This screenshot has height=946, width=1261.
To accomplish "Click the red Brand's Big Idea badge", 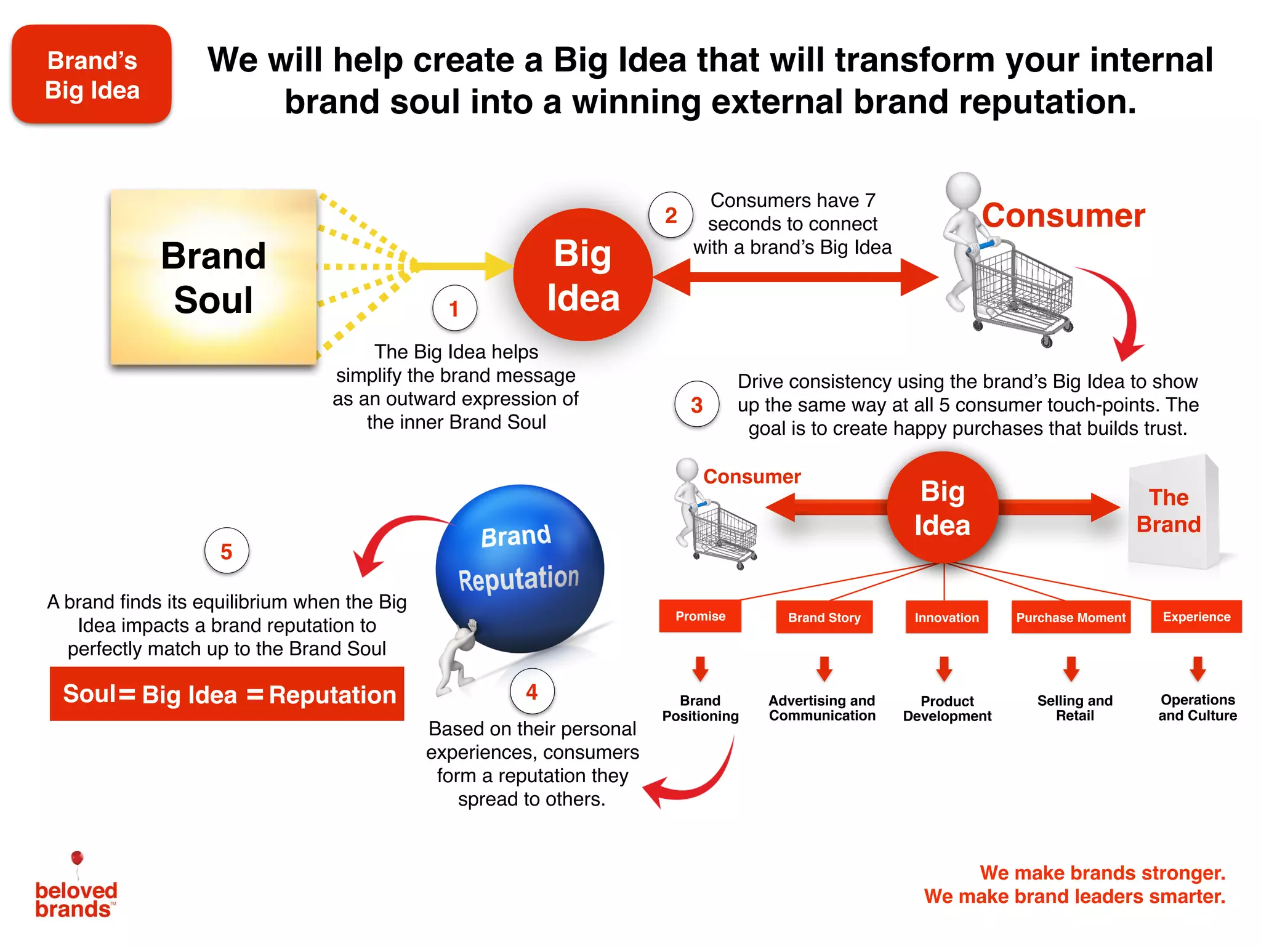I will pos(92,75).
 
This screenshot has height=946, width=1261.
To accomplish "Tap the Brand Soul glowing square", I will pos(214,277).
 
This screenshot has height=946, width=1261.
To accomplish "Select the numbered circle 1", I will pos(454,308).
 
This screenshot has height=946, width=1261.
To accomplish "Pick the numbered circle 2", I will pos(671,215).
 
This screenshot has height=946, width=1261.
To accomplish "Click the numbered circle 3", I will pos(696,405).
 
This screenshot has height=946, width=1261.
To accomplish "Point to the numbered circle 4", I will pos(532,691).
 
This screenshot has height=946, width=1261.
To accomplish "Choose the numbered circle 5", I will pos(227,551).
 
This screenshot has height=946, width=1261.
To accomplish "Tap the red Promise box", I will pos(700,616).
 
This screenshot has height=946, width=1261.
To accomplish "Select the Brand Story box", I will pos(824,617).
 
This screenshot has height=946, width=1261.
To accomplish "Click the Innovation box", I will pos(946,617).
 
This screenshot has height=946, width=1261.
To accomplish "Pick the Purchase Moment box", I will pos(1071,617).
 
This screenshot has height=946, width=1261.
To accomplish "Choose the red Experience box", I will pos(1196,617).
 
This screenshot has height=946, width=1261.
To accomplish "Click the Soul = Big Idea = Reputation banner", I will pos(227,694).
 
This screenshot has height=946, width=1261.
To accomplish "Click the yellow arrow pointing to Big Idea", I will pos(462,266).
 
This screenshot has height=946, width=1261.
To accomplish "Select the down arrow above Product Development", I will pos(945,669).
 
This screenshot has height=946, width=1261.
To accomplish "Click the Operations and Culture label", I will pos(1198,708).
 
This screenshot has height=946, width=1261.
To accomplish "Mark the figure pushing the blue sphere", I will pos(456,659).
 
